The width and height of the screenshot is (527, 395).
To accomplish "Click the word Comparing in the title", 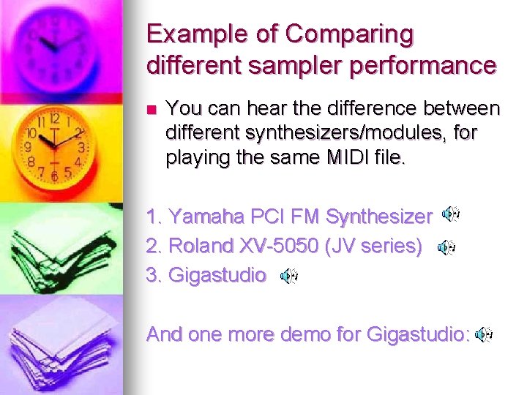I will [x=350, y=34].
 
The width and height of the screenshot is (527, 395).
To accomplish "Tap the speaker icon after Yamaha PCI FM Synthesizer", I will [x=451, y=214].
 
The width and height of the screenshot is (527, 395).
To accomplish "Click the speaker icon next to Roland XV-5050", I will [x=446, y=248].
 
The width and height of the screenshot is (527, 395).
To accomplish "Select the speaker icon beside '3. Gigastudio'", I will [x=289, y=276].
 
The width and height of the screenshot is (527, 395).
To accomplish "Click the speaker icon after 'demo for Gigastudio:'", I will [x=483, y=334].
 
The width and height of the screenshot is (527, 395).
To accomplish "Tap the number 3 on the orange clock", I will [x=81, y=148].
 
